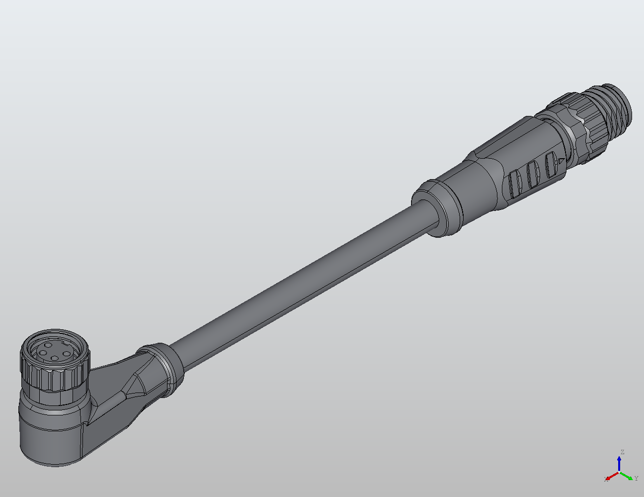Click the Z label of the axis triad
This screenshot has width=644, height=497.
[622, 452]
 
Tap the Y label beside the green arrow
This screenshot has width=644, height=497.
[636, 479]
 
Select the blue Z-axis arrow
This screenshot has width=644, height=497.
[619, 464]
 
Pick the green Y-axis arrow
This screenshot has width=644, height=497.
[627, 476]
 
